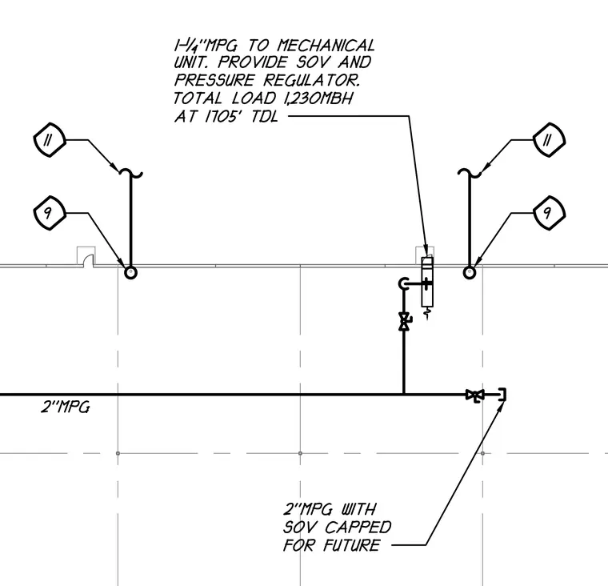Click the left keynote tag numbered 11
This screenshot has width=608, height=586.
[50, 140]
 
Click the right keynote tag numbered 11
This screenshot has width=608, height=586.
[549, 140]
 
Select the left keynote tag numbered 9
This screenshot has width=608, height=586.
[50, 213]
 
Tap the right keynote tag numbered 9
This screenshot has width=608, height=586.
[549, 213]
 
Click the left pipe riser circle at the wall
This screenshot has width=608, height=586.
[130, 272]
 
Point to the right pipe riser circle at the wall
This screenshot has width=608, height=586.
[470, 272]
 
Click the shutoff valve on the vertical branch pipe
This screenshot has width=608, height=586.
[405, 321]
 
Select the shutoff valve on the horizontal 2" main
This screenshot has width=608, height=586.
[475, 395]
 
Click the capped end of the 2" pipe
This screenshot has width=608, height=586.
[503, 395]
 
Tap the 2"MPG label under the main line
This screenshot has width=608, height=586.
[66, 407]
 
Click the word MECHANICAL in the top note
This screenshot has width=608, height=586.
[326, 46]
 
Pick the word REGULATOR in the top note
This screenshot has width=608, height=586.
[312, 80]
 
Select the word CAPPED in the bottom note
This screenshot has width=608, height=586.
[358, 527]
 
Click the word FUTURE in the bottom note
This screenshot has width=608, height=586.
[351, 545]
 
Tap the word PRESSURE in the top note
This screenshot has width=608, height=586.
[214, 80]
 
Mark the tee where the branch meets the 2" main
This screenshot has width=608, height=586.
[404, 395]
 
